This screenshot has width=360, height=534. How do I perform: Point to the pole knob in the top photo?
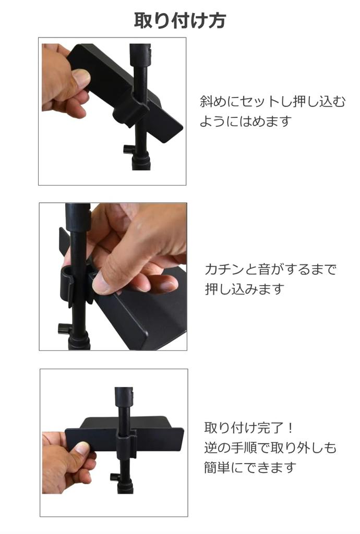click(128, 149)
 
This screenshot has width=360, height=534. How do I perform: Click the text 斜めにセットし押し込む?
click(272, 101)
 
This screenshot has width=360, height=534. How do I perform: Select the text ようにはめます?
click(245, 122)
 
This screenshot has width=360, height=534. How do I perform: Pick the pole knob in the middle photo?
click(64, 329)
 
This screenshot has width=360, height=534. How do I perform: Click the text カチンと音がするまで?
click(271, 270)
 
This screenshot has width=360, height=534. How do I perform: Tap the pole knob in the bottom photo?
click(115, 477)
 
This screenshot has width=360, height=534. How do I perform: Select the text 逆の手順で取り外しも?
click(270, 447)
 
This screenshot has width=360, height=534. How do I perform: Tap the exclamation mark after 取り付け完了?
click(291, 429)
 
